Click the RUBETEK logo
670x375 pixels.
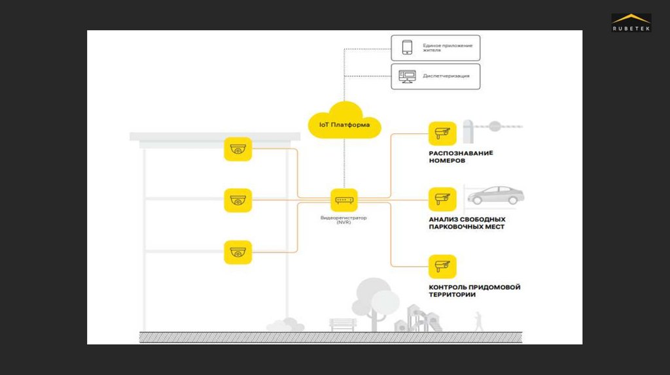tap(631, 24)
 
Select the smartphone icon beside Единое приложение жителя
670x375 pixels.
tap(407, 47)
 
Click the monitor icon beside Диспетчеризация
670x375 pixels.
tap(407, 76)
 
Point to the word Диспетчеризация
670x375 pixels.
tap(446, 76)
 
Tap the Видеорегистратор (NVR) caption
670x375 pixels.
tap(344, 220)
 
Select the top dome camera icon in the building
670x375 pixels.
tap(238, 149)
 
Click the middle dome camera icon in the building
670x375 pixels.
tap(238, 200)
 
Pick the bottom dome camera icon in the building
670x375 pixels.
tap(238, 252)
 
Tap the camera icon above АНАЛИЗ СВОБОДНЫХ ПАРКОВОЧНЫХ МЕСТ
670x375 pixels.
tap(442, 199)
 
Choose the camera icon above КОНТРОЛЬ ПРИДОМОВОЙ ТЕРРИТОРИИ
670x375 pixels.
tap(442, 266)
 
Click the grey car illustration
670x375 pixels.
tap(495, 195)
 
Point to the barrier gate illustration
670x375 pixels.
tap(491, 129)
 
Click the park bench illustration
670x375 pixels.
tap(343, 324)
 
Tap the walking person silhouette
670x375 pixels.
tap(478, 321)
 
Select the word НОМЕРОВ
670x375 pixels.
tap(448, 161)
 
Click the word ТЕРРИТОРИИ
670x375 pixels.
tap(452, 295)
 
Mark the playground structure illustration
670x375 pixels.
tap(417, 318)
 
